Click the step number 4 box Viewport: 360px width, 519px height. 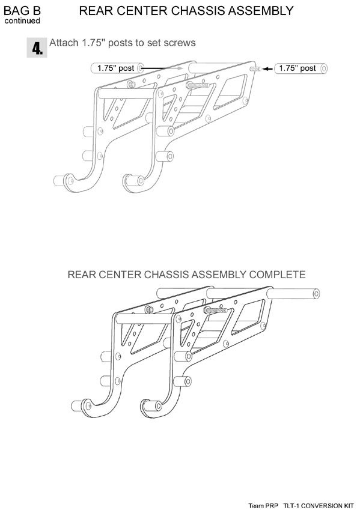[x=37, y=48]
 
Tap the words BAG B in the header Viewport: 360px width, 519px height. [x=22, y=11]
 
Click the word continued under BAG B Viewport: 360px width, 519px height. [x=22, y=21]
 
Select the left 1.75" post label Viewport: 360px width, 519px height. [x=115, y=68]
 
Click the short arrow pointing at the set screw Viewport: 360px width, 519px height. [x=267, y=69]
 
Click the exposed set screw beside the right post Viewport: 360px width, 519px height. [x=255, y=69]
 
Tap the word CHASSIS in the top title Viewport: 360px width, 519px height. [x=198, y=11]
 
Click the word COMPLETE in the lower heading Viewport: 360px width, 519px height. [x=277, y=275]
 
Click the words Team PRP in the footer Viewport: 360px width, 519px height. [x=263, y=506]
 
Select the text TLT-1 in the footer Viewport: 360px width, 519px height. [x=291, y=506]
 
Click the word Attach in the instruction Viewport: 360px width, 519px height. [x=64, y=43]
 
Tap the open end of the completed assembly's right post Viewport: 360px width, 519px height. [x=316, y=294]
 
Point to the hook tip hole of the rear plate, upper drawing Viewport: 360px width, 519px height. [x=70, y=180]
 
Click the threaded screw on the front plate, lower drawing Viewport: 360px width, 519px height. [x=215, y=311]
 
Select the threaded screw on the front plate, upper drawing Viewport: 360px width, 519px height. [x=198, y=85]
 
